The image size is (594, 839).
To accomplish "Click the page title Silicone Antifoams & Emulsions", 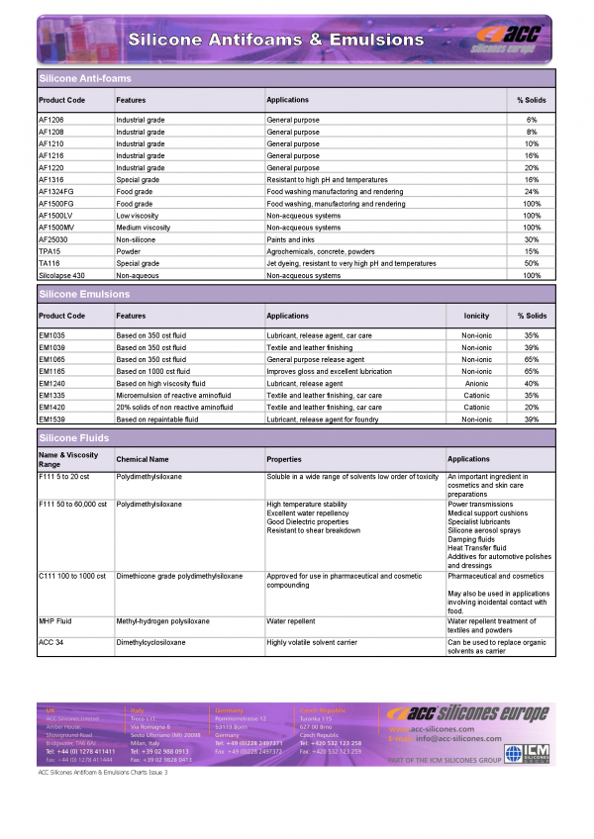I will tap(274, 40).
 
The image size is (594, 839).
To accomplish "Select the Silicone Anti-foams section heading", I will tap(85, 77).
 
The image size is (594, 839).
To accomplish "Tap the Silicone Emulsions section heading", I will tap(84, 294).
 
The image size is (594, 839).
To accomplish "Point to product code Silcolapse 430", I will tap(61, 275).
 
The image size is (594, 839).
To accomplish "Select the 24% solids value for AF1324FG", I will tap(532, 191).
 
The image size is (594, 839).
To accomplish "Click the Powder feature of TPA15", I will tap(129, 251).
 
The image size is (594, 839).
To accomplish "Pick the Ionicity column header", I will tap(476, 316).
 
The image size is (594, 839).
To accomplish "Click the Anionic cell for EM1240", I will tap(476, 383).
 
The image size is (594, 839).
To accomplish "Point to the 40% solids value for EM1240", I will tap(532, 383).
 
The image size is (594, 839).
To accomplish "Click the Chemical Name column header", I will tap(143, 459).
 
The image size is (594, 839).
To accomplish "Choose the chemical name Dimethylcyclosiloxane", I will tap(151, 642).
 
